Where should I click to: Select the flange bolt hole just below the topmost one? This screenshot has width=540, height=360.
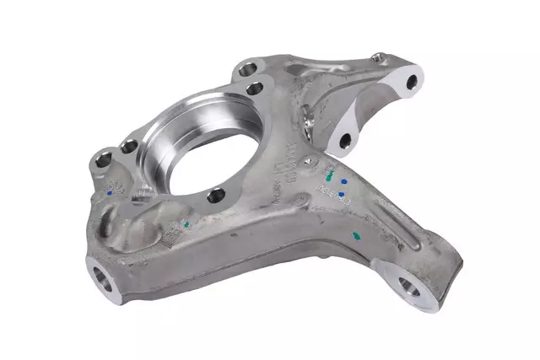[x=252, y=88]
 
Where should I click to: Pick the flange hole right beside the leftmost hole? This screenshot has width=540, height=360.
[x=128, y=148]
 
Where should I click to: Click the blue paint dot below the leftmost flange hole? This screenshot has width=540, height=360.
[x=111, y=191]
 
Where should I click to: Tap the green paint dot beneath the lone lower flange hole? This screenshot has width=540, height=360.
[x=185, y=225]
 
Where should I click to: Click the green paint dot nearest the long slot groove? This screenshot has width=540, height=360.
[x=358, y=237]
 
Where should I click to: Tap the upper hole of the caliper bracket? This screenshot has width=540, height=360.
[x=411, y=83]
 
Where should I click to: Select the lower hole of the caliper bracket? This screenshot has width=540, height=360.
[x=344, y=140]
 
